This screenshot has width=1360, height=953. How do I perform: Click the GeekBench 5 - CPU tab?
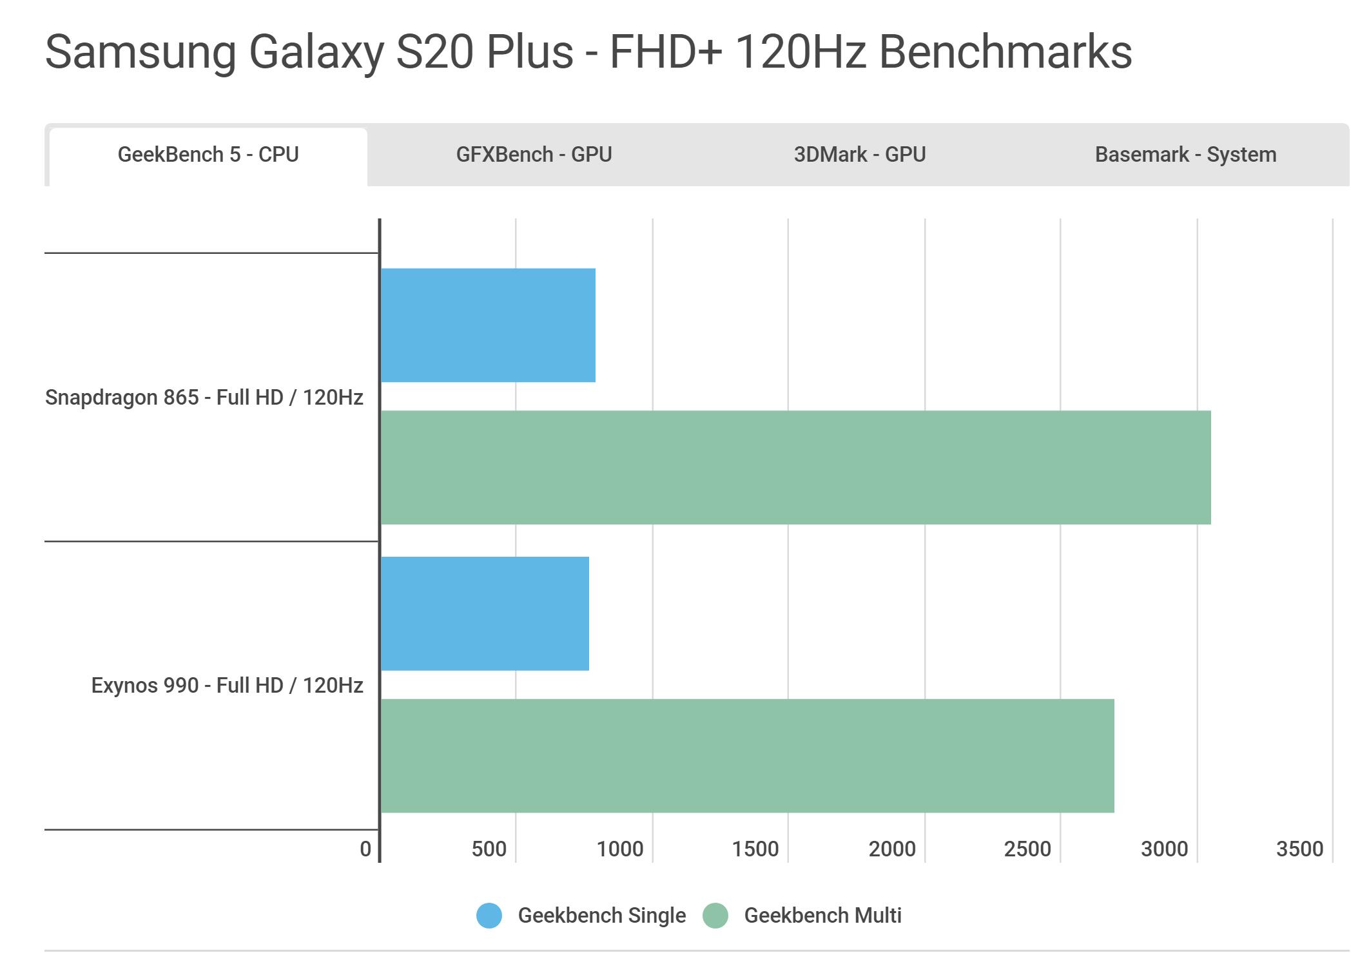(208, 155)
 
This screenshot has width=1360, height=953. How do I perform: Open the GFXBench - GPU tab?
(534, 155)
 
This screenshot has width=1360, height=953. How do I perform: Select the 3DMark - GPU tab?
(859, 155)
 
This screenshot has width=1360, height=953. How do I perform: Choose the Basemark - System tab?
(1185, 155)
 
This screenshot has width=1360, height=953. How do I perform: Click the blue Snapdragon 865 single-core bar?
(488, 325)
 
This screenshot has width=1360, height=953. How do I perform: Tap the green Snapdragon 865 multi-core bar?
(795, 467)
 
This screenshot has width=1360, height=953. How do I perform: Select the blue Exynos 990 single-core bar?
(485, 613)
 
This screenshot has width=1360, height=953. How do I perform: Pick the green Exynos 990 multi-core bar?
(747, 756)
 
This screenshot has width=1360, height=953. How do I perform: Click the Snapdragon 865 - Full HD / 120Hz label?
(204, 398)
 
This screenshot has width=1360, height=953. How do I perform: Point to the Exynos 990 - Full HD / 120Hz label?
(227, 686)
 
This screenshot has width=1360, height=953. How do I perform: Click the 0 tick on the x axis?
(365, 849)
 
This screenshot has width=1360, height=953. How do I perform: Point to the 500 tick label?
(489, 849)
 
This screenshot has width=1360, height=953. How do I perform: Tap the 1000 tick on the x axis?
(619, 849)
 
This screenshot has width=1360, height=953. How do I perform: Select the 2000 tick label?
(891, 849)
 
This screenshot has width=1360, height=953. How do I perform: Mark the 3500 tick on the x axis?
(1299, 849)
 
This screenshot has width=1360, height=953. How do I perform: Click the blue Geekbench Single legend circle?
(489, 916)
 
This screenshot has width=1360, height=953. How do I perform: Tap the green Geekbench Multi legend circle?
(715, 916)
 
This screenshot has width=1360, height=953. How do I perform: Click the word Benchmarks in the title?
(1005, 52)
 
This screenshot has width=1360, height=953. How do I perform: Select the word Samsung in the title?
(141, 52)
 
